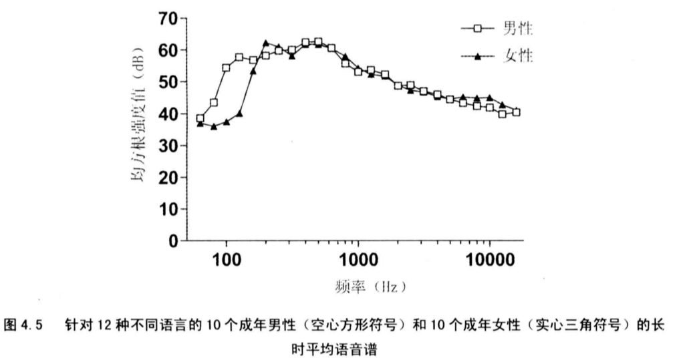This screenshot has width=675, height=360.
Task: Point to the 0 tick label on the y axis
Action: coord(174,241)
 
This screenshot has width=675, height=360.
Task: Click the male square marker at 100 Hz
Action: coord(227,68)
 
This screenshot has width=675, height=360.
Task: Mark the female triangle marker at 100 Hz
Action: coord(227,122)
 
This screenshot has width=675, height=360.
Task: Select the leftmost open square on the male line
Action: coord(200,118)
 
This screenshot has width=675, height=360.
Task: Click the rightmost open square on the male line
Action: coord(516,112)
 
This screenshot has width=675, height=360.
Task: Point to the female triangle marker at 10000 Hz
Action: coord(490,98)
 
